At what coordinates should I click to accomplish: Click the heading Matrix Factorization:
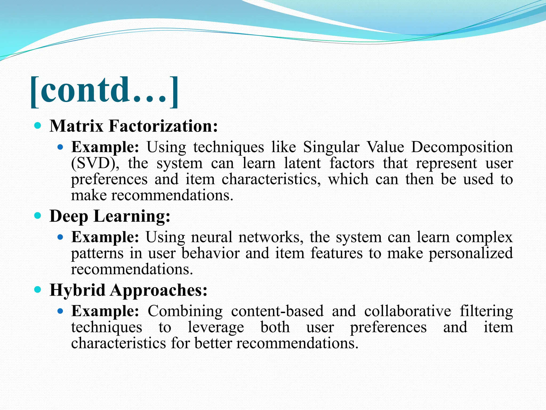coord(134,126)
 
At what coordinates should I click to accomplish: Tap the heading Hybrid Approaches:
coord(129,290)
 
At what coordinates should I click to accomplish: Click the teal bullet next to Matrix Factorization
coord(38,125)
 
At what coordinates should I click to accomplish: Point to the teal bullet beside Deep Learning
coord(38,215)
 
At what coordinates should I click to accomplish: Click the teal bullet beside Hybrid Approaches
coord(38,289)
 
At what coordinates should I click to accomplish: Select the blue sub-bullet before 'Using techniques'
coord(60,147)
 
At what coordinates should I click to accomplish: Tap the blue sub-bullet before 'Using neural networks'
coord(60,237)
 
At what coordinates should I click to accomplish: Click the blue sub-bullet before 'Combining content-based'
coord(60,311)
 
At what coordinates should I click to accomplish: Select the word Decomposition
coord(462,147)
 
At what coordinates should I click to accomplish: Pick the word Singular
coord(331,147)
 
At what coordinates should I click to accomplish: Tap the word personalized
coord(471,254)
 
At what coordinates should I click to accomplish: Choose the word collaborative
coord(408,311)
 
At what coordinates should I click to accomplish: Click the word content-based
coord(277,311)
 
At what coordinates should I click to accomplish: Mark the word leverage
coord(216,328)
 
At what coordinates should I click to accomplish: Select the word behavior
coord(210,253)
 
